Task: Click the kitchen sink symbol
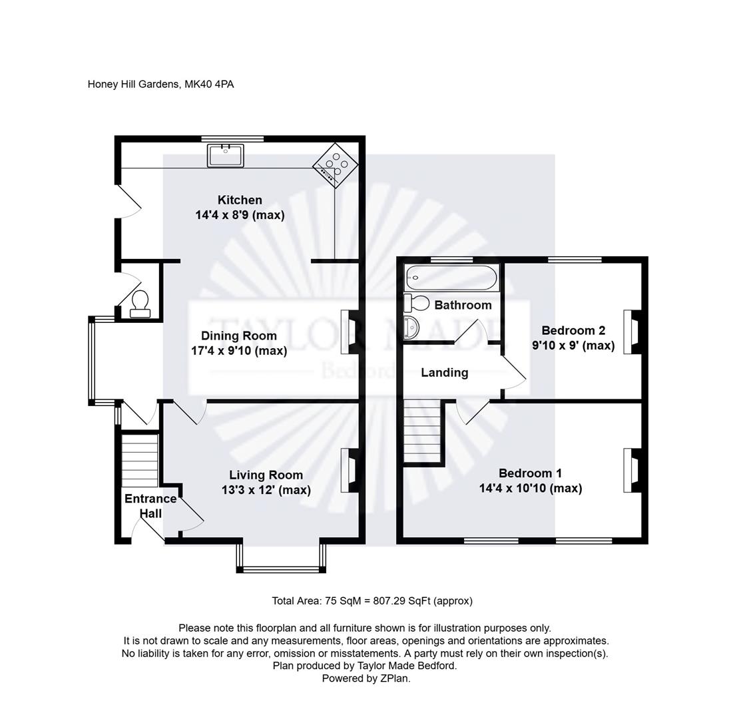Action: pos(225,155)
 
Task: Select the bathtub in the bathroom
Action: pos(451,276)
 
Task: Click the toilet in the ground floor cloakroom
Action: pos(140,304)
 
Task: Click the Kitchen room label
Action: pos(240,200)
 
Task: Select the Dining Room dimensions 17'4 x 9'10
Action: pos(239,351)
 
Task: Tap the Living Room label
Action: pos(266,475)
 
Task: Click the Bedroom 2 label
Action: pos(573,330)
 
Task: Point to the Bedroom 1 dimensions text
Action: pos(530,489)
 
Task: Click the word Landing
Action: pos(444,373)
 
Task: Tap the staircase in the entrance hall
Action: pos(140,460)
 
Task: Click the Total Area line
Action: pos(371,600)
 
